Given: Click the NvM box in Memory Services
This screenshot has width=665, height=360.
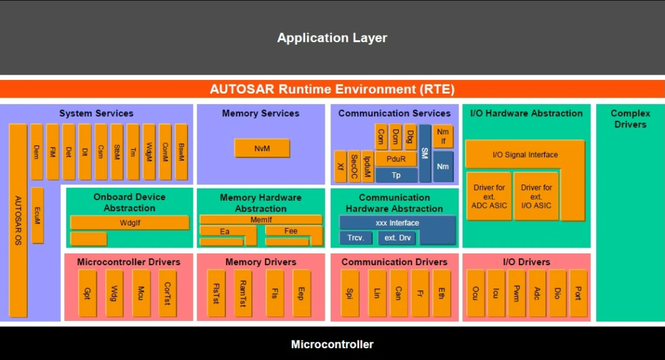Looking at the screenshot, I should (x=262, y=148).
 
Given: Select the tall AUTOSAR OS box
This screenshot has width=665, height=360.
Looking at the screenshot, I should (x=18, y=221).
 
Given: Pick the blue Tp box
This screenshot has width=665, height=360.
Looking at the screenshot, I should (x=396, y=175).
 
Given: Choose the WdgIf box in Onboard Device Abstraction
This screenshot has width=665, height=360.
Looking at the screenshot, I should (x=129, y=222).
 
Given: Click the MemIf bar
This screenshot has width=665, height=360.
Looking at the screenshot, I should (x=260, y=220).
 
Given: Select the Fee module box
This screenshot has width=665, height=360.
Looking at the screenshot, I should (x=290, y=231).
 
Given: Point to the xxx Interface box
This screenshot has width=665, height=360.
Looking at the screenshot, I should (x=397, y=223).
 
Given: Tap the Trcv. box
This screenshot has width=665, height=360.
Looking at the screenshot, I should (x=355, y=238).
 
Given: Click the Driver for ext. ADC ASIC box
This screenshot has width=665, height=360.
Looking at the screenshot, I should (x=488, y=196).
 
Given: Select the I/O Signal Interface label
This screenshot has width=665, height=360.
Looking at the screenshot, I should (x=525, y=155).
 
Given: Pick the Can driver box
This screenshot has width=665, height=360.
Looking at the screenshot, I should (x=398, y=293).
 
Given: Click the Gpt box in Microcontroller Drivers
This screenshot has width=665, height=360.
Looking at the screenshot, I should (x=87, y=293).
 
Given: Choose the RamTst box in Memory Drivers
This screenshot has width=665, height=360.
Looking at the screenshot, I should (x=243, y=293).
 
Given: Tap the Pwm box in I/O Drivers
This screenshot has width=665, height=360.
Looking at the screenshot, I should (x=516, y=293).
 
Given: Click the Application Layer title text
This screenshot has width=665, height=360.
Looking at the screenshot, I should (x=332, y=38).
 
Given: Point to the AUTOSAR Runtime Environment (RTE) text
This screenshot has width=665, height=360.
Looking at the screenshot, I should (x=332, y=89).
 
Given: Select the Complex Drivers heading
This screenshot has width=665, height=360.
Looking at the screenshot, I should (x=630, y=118).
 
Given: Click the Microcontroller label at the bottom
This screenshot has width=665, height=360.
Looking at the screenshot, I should (x=332, y=344).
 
